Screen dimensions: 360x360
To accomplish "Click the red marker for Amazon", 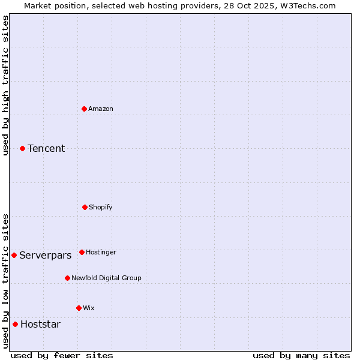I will [x=85, y=109].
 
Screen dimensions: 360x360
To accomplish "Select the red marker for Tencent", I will [x=22, y=148].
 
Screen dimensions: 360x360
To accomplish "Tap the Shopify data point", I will [x=85, y=207].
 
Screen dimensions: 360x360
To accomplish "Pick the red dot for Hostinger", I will [x=82, y=252].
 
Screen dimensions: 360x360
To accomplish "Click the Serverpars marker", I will [x=14, y=255].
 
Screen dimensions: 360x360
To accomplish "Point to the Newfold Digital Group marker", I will [x=67, y=278].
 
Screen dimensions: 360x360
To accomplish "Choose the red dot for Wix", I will [x=79, y=308].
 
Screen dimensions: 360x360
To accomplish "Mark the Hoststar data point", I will [x=15, y=324].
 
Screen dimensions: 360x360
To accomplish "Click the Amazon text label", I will [x=101, y=109].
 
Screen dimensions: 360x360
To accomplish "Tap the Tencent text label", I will [x=46, y=148].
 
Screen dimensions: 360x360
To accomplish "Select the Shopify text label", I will [x=101, y=207].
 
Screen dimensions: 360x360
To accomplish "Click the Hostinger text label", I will [x=101, y=252].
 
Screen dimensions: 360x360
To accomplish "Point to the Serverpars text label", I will [x=45, y=255].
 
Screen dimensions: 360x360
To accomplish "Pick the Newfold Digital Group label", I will [x=106, y=278].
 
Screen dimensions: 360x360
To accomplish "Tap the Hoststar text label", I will [x=40, y=324].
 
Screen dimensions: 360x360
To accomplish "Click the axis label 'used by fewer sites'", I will [x=62, y=355].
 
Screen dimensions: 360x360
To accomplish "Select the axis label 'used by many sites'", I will [x=301, y=355].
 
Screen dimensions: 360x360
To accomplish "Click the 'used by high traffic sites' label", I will [x=5, y=85].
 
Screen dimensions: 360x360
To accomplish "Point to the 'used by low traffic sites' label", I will [x=5, y=281].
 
